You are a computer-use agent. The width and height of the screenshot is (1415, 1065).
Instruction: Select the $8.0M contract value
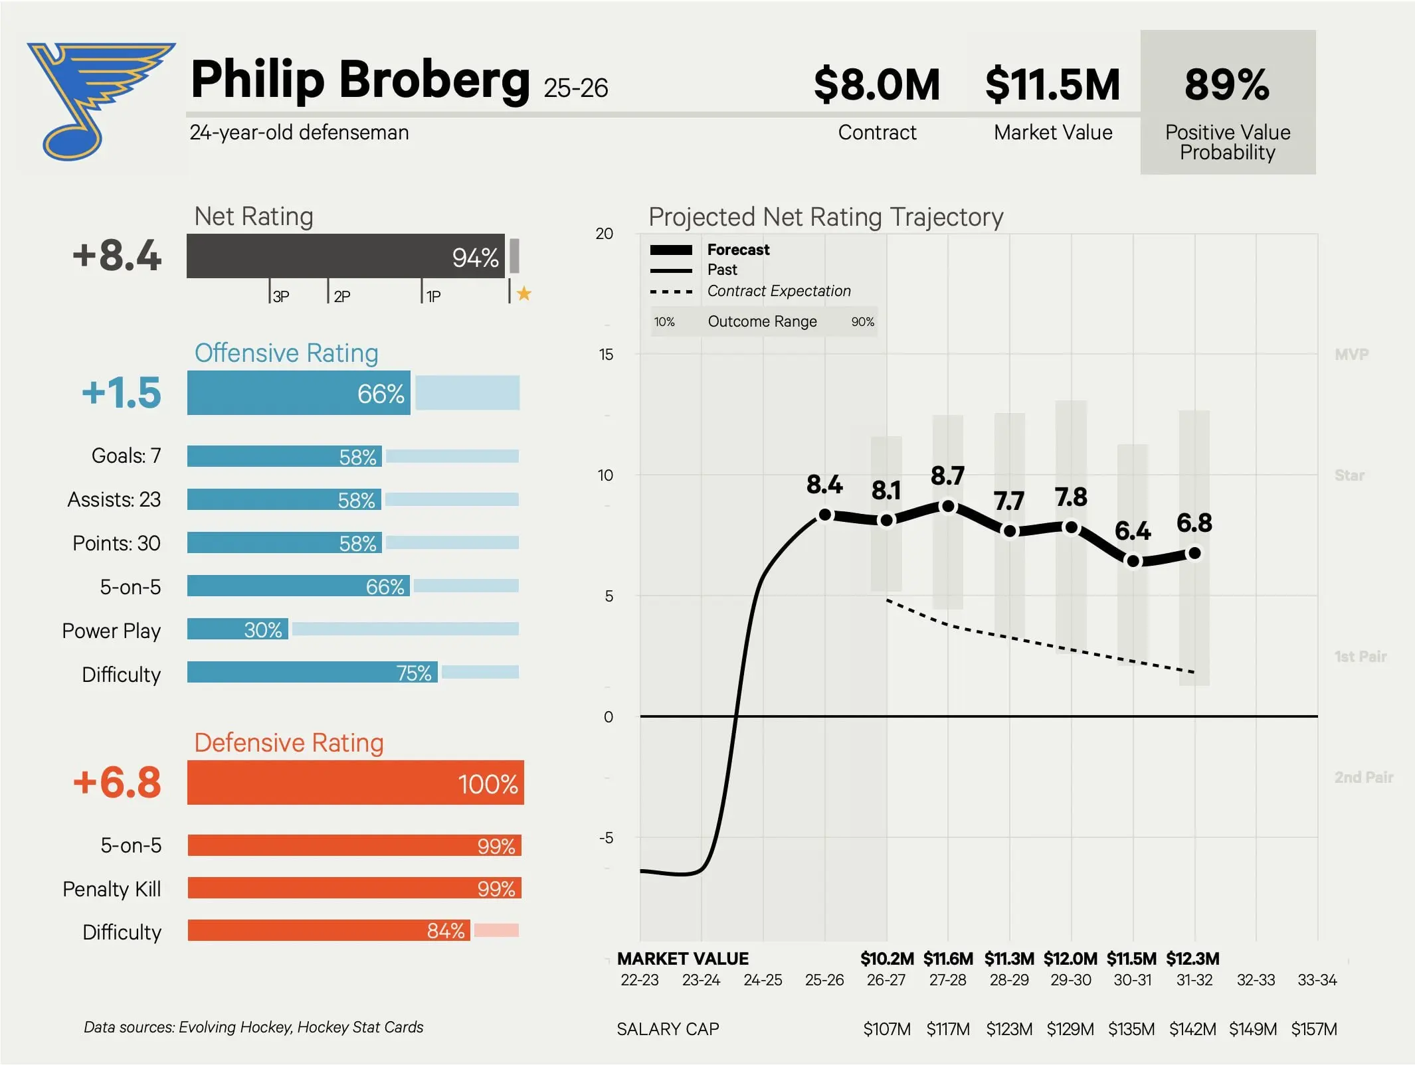pos(877,84)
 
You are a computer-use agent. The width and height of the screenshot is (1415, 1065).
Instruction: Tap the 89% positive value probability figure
pos(1227,84)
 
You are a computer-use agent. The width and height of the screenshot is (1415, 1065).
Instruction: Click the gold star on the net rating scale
pos(524,293)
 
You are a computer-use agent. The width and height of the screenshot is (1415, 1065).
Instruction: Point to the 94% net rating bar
pos(345,256)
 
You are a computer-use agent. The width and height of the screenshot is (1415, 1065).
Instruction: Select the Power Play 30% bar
pos(237,629)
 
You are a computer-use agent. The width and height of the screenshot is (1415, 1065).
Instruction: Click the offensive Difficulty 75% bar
pos(312,672)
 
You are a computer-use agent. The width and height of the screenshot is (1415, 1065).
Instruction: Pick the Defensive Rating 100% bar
pos(355,782)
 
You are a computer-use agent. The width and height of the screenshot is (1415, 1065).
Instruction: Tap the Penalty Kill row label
pos(112,888)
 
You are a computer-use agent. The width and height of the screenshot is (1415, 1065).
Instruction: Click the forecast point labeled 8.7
pos(949,507)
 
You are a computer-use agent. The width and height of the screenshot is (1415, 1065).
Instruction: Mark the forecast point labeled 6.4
pos(1133,562)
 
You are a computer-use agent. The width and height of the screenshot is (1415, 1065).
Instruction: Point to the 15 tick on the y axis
pos(606,354)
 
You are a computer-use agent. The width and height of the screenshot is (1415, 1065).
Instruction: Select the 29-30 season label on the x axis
pos(1071,980)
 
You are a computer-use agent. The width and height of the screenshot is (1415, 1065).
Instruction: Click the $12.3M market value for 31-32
pos(1193,959)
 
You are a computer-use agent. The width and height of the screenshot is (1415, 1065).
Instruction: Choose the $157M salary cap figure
pos(1314,1029)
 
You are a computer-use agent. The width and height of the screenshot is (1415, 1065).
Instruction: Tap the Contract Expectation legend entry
pos(751,291)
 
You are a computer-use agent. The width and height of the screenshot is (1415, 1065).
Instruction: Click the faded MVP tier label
pos(1352,354)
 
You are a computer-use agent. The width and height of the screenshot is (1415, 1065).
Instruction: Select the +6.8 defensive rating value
pos(117,782)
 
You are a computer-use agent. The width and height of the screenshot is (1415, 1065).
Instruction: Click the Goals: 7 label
pos(126,455)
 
